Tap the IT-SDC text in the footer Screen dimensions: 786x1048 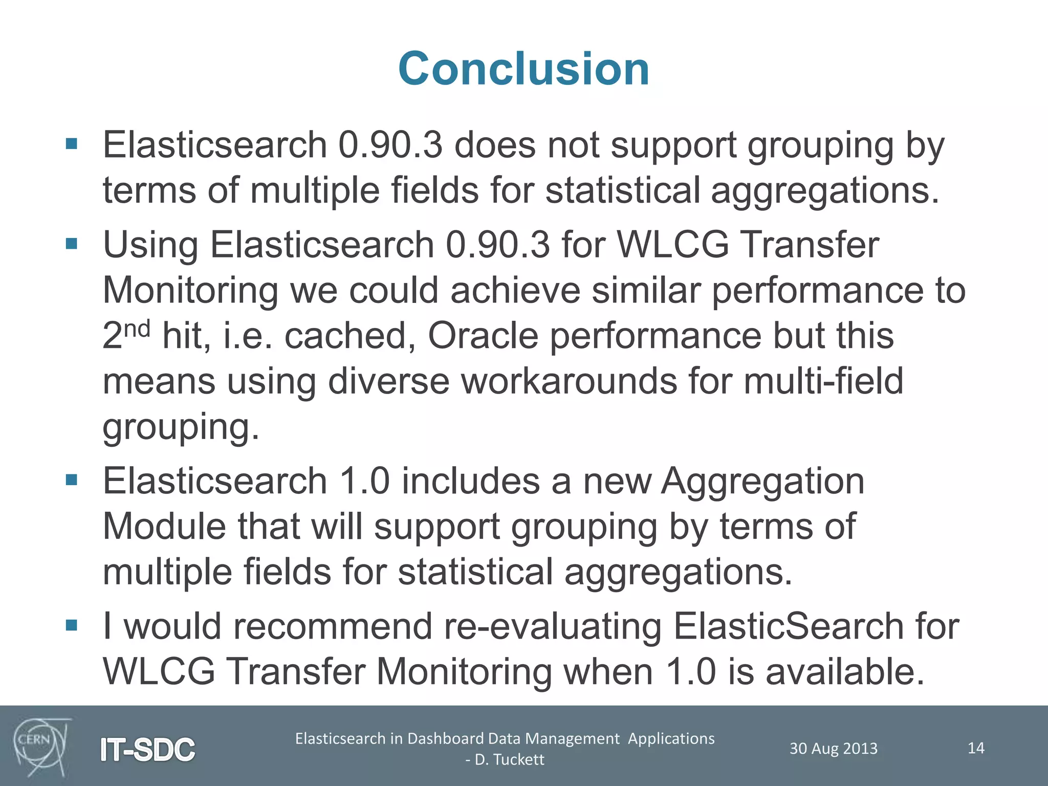click(x=147, y=750)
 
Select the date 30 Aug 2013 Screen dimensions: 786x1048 click(x=833, y=749)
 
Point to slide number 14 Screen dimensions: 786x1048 click(x=976, y=748)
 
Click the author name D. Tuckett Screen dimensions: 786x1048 click(x=509, y=759)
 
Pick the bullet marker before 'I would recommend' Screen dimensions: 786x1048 click(x=72, y=625)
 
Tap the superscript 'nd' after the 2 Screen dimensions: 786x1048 click(x=137, y=329)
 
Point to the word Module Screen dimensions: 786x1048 click(x=164, y=527)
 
